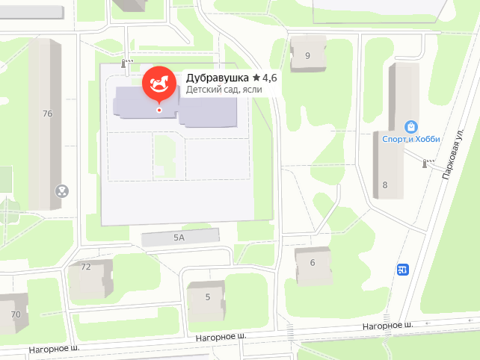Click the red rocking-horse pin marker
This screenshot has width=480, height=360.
tap(159, 84)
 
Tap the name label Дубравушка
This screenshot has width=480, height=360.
tap(217, 77)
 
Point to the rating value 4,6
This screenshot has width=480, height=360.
tap(269, 77)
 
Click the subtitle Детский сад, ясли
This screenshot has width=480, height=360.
tap(224, 90)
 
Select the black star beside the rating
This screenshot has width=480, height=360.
tap(256, 77)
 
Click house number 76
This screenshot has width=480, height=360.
tap(48, 114)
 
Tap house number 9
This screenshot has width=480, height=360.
tap(307, 55)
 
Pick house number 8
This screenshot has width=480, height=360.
tap(385, 185)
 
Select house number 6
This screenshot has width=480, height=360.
tap(312, 262)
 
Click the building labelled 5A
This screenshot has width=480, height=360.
tap(179, 238)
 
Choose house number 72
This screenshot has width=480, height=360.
tap(85, 267)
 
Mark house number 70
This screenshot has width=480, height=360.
tap(16, 314)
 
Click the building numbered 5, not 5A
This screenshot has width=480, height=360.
tap(207, 297)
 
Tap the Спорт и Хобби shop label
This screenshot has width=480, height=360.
tap(412, 140)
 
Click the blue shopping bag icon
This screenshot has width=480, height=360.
tap(410, 127)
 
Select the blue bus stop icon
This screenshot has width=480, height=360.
tap(404, 270)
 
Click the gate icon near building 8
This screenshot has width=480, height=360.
tap(428, 162)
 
